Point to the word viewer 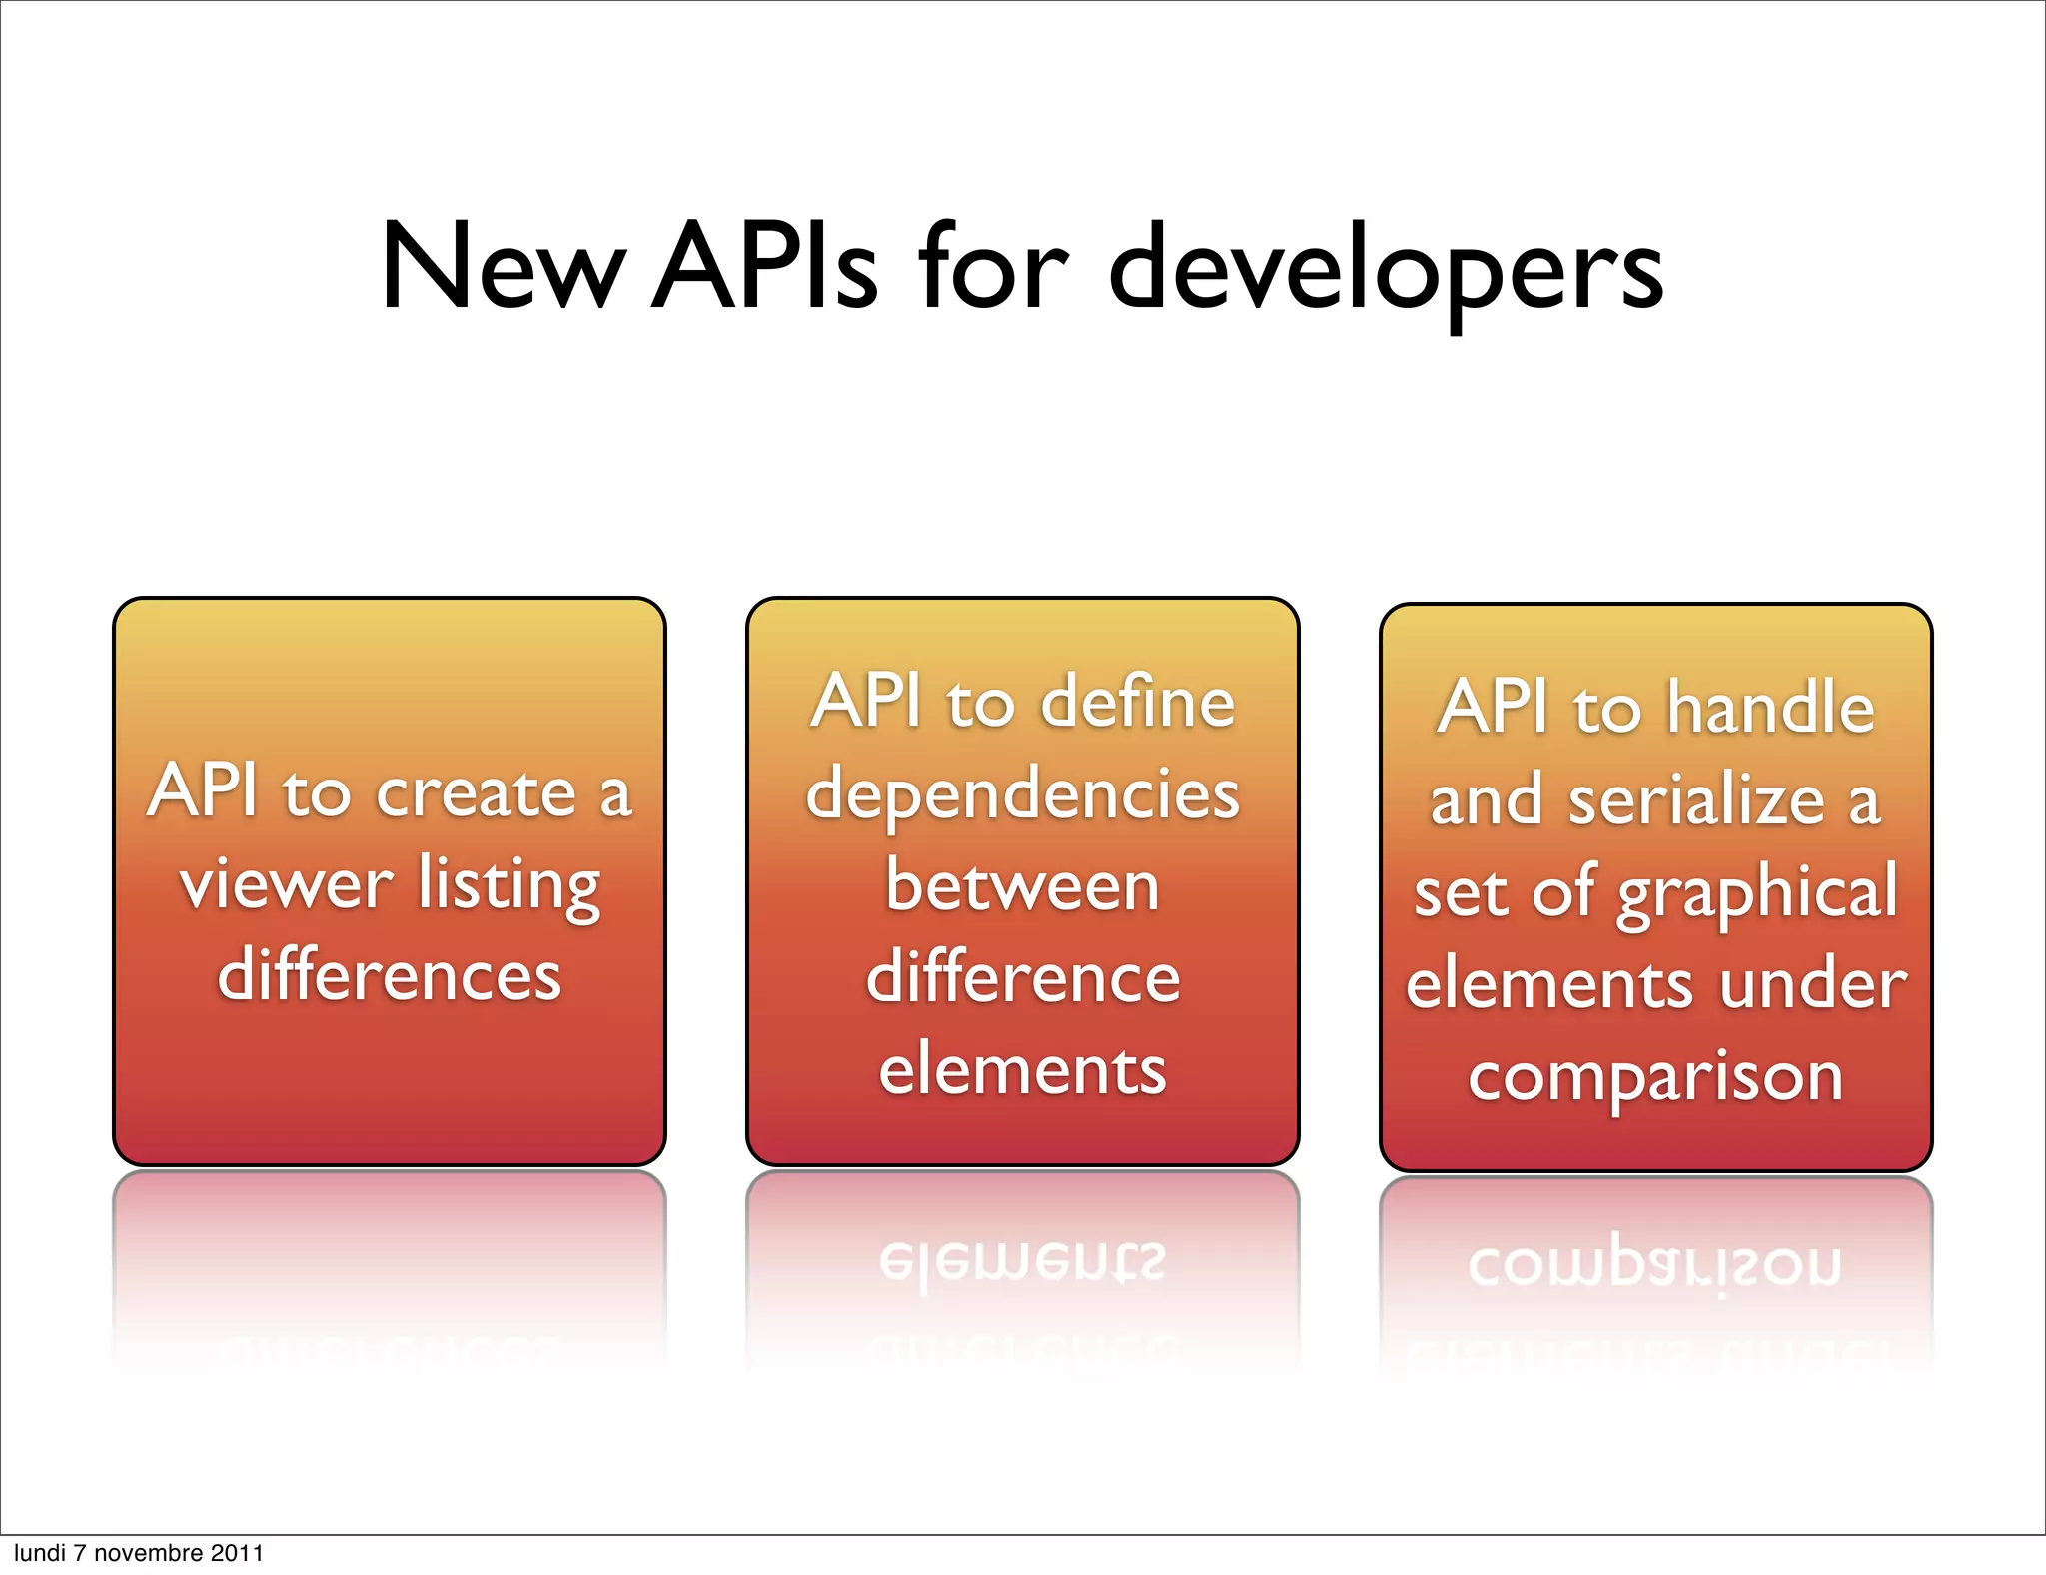coord(287,885)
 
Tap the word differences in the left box coord(390,976)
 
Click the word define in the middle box coord(1138,702)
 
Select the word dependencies coord(1023,796)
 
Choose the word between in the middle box coord(1023,886)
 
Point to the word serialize coord(1697,800)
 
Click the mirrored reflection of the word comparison coord(1655,1265)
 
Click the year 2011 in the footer coord(237,1553)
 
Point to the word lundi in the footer coord(38,1553)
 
